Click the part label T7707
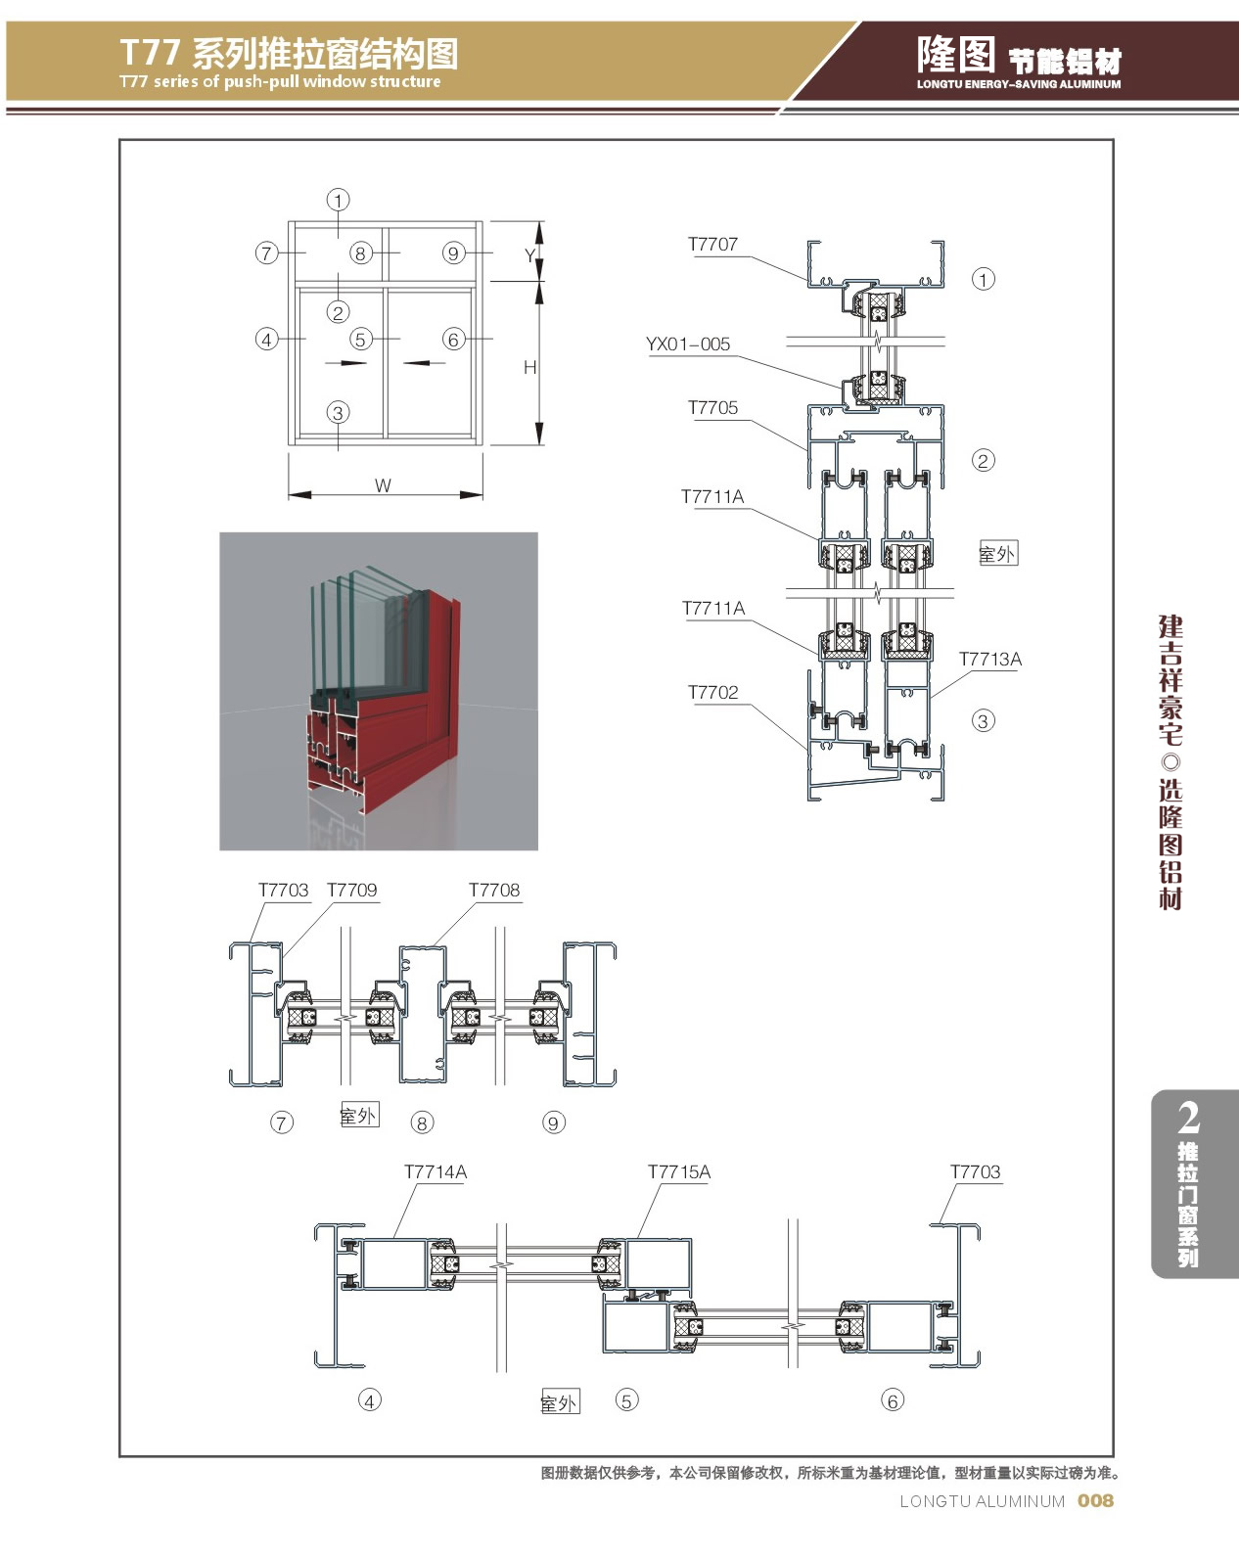(712, 245)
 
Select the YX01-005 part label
(688, 344)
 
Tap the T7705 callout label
(712, 408)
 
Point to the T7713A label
(989, 660)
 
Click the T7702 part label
(712, 693)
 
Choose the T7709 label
(351, 891)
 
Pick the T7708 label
(494, 891)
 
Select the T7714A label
(436, 1172)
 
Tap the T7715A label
(679, 1172)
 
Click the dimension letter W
(383, 485)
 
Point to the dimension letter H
(529, 368)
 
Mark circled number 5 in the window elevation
(361, 340)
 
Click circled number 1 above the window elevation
(338, 201)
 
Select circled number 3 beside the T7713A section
(983, 721)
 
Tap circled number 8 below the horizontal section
(422, 1123)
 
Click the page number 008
(1095, 1500)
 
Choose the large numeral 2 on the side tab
(1188, 1118)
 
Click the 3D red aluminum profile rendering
(379, 691)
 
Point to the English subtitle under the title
(280, 82)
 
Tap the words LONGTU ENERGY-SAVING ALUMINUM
(1019, 85)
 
